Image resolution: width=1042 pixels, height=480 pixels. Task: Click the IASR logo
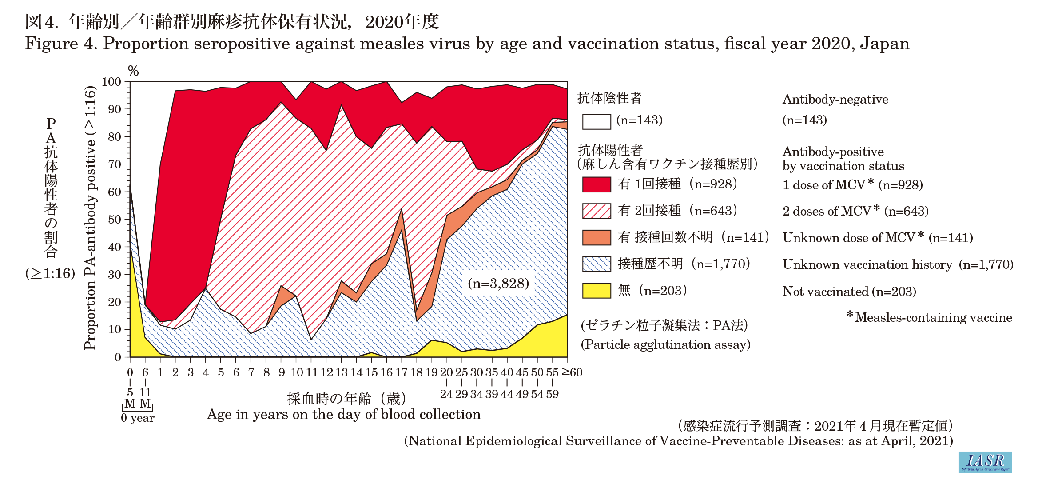(985, 462)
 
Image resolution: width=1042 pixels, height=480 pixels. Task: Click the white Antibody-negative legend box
(596, 121)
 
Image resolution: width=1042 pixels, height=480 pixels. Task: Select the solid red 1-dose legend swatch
(596, 184)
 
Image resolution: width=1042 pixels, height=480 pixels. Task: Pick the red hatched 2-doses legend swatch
(596, 211)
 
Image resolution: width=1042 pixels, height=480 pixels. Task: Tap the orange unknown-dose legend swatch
(596, 238)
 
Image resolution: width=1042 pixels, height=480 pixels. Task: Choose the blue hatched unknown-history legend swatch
(596, 264)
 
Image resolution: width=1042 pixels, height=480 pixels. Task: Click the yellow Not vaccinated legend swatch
(596, 291)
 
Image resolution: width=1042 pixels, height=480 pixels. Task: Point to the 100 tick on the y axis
(111, 82)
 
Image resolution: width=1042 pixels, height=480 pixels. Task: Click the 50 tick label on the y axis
(115, 220)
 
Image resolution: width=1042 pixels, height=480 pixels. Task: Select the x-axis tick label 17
(401, 372)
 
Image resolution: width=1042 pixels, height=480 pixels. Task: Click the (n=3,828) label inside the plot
(498, 284)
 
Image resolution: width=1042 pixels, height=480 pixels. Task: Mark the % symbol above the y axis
(133, 71)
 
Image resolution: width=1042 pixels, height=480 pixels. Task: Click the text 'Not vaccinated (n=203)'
(849, 292)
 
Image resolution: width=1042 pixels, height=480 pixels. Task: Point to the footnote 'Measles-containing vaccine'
(933, 317)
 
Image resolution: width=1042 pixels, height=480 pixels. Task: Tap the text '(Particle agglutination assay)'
(665, 345)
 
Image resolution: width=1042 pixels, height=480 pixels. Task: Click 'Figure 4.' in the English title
(60, 44)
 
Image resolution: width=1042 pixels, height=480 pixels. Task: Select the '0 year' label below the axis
(138, 418)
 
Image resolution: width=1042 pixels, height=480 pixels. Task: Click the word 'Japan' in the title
(884, 44)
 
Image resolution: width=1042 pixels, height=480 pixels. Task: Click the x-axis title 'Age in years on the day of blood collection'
(343, 415)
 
